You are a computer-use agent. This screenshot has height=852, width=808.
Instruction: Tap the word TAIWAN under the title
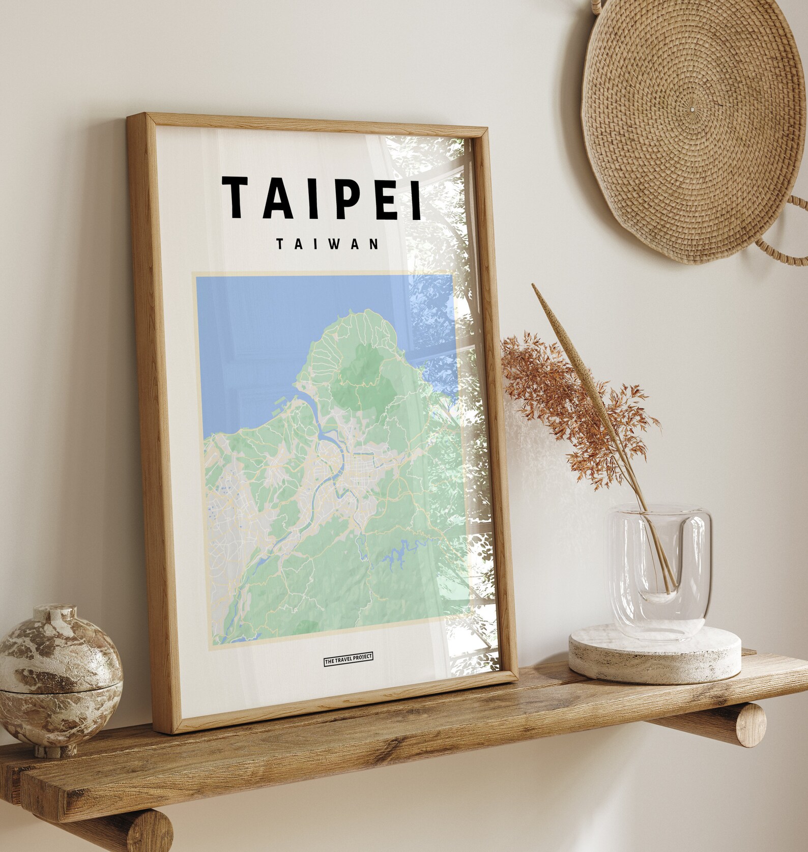click(327, 244)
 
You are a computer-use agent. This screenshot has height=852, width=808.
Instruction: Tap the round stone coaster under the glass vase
click(654, 654)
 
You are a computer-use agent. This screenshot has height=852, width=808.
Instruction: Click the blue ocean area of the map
click(265, 331)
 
